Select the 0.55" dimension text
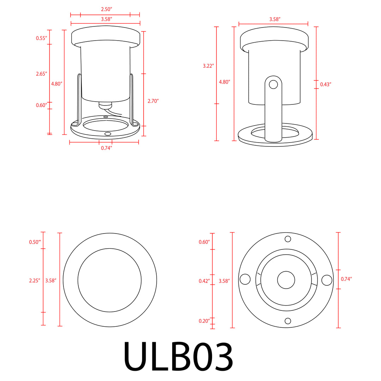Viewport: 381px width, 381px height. (x=41, y=38)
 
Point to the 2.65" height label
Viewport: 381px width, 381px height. (x=41, y=74)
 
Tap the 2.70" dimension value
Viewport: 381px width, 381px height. (x=153, y=101)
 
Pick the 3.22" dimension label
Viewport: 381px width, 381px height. (x=208, y=66)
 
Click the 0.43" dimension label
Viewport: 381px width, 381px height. (x=326, y=84)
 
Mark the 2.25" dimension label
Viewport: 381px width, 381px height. (x=35, y=281)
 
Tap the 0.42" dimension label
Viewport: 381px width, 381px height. (x=204, y=281)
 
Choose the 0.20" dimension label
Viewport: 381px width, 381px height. (x=204, y=321)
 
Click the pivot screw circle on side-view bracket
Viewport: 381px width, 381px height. (x=273, y=84)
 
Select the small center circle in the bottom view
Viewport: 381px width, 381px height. (x=286, y=280)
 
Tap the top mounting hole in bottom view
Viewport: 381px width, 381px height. (x=288, y=239)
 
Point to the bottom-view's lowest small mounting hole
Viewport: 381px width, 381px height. (x=288, y=321)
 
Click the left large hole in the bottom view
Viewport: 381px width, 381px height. (x=245, y=279)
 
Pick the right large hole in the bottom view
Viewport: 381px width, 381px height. (x=327, y=280)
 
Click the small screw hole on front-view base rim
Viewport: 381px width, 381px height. (x=108, y=134)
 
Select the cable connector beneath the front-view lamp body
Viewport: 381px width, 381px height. (x=105, y=105)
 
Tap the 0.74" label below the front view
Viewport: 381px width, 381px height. (x=106, y=148)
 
